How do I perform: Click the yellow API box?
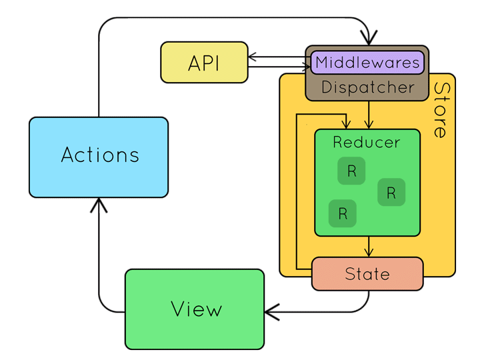click(x=204, y=63)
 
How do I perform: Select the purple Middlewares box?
click(x=367, y=63)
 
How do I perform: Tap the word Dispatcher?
click(x=367, y=87)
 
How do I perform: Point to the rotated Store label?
click(x=441, y=110)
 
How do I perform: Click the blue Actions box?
click(x=99, y=157)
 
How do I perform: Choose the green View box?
click(x=195, y=309)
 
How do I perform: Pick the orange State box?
click(x=367, y=274)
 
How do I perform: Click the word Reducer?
click(x=367, y=142)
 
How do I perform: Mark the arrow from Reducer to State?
click(x=367, y=247)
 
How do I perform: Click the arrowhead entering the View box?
click(x=271, y=311)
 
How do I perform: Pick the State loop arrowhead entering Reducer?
click(x=345, y=124)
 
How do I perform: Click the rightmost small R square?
click(x=391, y=193)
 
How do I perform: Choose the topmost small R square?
click(x=351, y=171)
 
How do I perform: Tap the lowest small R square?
click(x=343, y=214)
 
